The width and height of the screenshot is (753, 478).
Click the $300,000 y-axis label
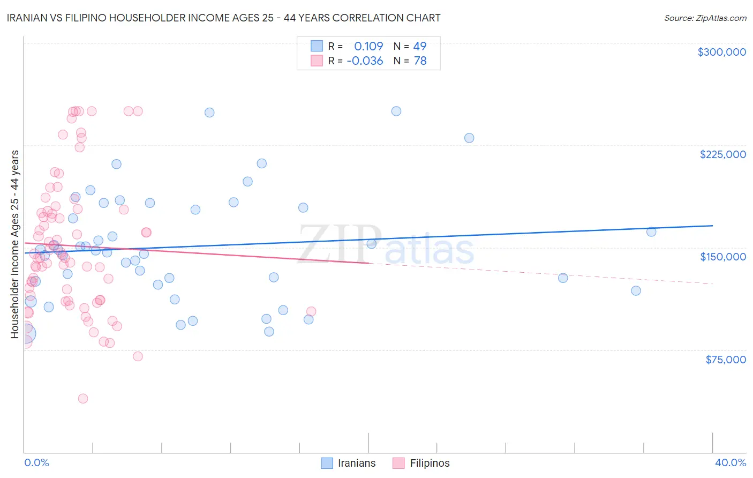[721, 52]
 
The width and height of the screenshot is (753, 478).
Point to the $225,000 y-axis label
[722, 154]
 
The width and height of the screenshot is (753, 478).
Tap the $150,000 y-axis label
[722, 257]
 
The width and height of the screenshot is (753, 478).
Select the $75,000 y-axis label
[725, 360]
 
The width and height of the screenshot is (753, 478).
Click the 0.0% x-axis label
[36, 463]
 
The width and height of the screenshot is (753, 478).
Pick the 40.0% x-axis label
[730, 463]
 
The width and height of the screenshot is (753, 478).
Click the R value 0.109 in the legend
[368, 47]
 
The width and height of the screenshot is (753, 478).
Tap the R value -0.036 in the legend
[365, 61]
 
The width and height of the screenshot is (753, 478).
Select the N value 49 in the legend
[420, 47]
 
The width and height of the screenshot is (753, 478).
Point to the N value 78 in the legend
[420, 61]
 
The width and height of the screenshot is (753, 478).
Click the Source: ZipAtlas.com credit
[705, 18]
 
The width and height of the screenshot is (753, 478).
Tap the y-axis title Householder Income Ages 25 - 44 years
[15, 244]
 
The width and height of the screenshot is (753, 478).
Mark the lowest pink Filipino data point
[83, 399]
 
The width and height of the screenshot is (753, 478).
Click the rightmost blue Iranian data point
[651, 232]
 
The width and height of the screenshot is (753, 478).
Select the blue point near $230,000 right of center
[469, 138]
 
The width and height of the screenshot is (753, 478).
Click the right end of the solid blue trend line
[712, 226]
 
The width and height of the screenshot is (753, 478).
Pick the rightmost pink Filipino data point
[311, 311]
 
